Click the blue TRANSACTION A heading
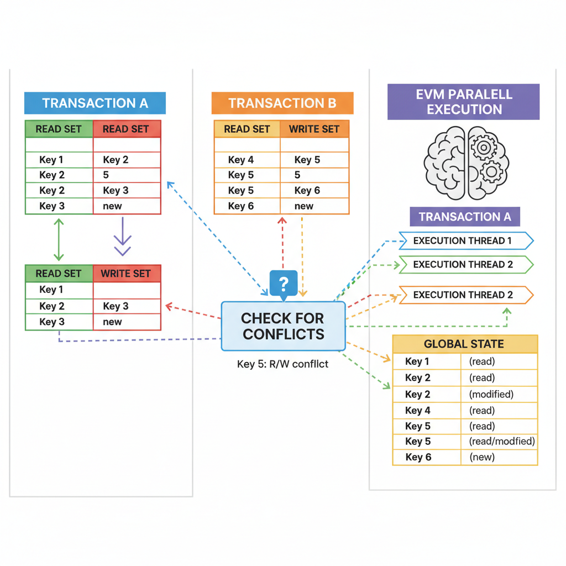click(x=95, y=103)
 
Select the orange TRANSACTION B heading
click(x=282, y=103)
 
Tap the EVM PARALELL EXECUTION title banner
click(x=463, y=102)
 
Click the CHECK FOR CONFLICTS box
click(x=283, y=326)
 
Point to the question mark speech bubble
click(x=284, y=284)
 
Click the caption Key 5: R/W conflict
click(x=282, y=364)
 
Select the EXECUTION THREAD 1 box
click(x=465, y=240)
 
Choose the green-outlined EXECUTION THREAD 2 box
click(x=465, y=265)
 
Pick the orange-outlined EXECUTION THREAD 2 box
click(x=465, y=295)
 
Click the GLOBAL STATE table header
click(x=464, y=344)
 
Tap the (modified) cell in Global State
click(x=491, y=394)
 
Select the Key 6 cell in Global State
click(x=418, y=457)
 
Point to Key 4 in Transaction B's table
click(x=240, y=160)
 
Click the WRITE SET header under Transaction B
click(x=315, y=129)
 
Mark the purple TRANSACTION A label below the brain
click(x=464, y=217)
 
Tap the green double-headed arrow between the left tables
click(x=59, y=239)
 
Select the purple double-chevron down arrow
click(x=122, y=237)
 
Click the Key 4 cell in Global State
click(x=418, y=410)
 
